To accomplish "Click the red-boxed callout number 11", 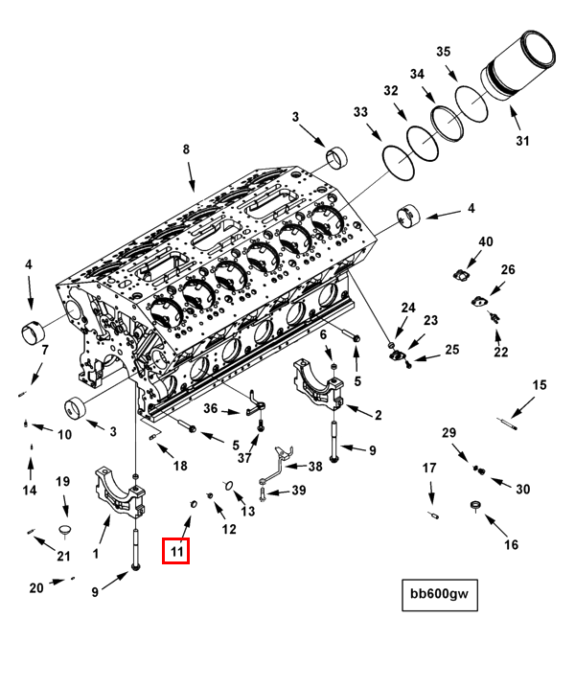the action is [176, 550].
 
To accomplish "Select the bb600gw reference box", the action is [440, 595].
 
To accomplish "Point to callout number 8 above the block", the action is [186, 149].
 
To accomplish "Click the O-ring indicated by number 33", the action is [399, 162].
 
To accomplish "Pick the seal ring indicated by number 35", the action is [471, 103].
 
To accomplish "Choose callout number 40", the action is [486, 241].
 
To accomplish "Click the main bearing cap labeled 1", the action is [120, 492].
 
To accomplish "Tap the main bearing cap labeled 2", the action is [319, 383].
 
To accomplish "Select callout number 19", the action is [63, 482].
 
